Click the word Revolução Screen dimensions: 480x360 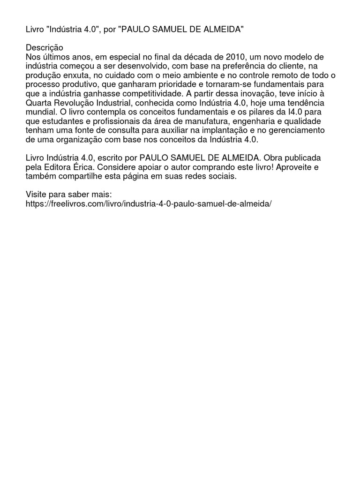[76, 103]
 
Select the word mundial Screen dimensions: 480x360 [41, 112]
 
